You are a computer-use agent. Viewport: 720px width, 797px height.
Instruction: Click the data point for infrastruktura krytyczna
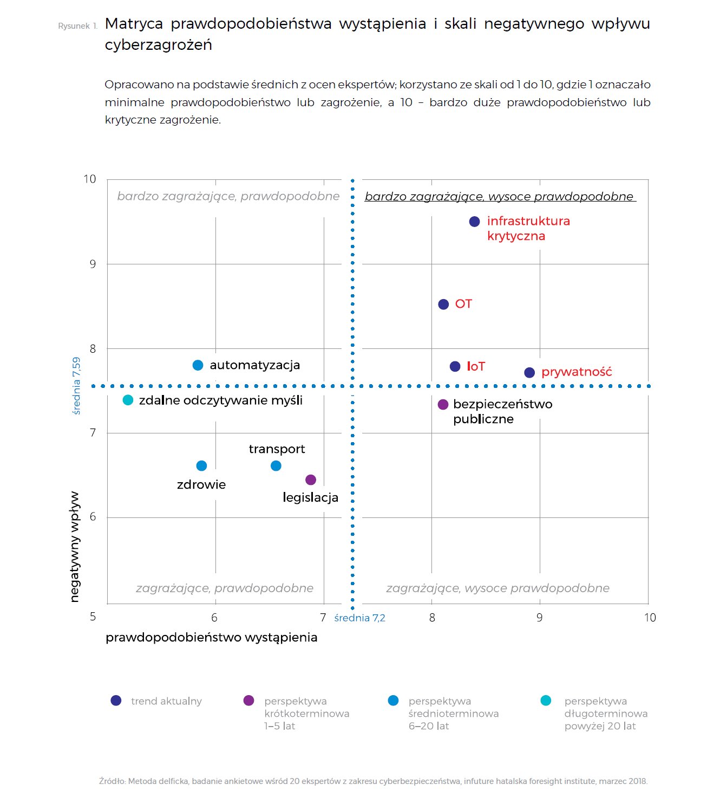(474, 222)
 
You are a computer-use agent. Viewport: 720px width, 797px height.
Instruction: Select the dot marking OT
(443, 304)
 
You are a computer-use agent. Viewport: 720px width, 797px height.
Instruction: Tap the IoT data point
(455, 367)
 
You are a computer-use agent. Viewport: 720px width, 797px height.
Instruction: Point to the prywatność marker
(529, 373)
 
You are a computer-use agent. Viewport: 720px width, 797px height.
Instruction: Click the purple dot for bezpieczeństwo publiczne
(443, 404)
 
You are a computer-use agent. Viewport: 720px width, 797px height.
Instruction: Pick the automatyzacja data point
(198, 366)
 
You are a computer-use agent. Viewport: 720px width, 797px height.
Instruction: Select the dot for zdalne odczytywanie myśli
(128, 400)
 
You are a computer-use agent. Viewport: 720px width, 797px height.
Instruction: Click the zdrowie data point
(201, 466)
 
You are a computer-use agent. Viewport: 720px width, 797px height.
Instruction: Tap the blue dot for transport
(276, 466)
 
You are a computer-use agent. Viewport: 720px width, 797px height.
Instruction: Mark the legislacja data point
(311, 480)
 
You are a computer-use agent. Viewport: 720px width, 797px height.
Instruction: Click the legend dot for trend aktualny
(116, 701)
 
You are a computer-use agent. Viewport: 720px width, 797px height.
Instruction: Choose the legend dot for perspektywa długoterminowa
(546, 701)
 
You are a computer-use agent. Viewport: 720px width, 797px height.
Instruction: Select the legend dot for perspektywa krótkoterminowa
(249, 701)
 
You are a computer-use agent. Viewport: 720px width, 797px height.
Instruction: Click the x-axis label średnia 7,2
(359, 618)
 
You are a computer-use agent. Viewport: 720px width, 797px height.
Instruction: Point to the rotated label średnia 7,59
(76, 385)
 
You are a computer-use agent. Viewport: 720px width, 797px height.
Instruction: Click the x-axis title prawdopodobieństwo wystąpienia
(211, 637)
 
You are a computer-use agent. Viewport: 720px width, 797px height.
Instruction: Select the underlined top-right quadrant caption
(499, 197)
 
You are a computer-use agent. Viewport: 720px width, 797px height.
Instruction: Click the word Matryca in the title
(134, 24)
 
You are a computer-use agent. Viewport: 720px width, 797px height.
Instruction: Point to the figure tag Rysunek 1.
(77, 26)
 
